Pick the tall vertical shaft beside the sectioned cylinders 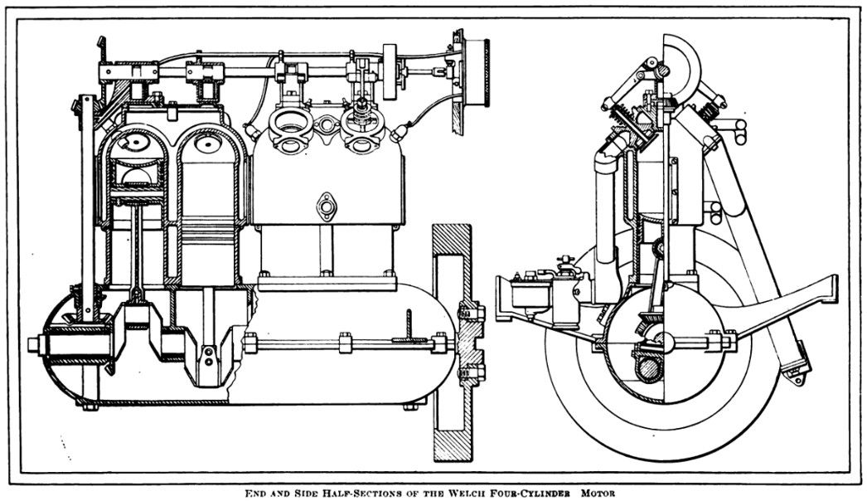[87, 207]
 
